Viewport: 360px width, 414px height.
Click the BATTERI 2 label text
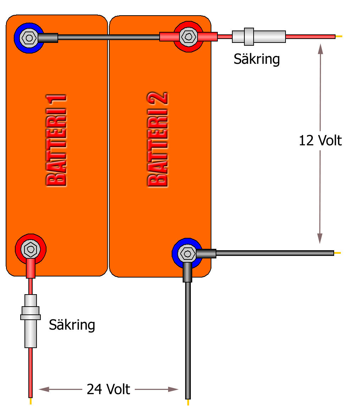[157, 140]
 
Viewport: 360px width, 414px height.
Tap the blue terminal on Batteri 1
[28, 37]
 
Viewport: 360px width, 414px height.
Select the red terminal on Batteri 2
[187, 36]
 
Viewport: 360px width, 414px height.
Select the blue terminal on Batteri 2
[187, 253]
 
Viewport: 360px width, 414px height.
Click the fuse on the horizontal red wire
[259, 37]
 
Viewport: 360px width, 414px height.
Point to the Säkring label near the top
[256, 59]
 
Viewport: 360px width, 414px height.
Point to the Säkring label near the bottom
[72, 324]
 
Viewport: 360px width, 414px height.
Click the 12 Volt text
[320, 140]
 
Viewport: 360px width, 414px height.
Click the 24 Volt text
[109, 389]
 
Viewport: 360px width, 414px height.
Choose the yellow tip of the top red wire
[339, 36]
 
